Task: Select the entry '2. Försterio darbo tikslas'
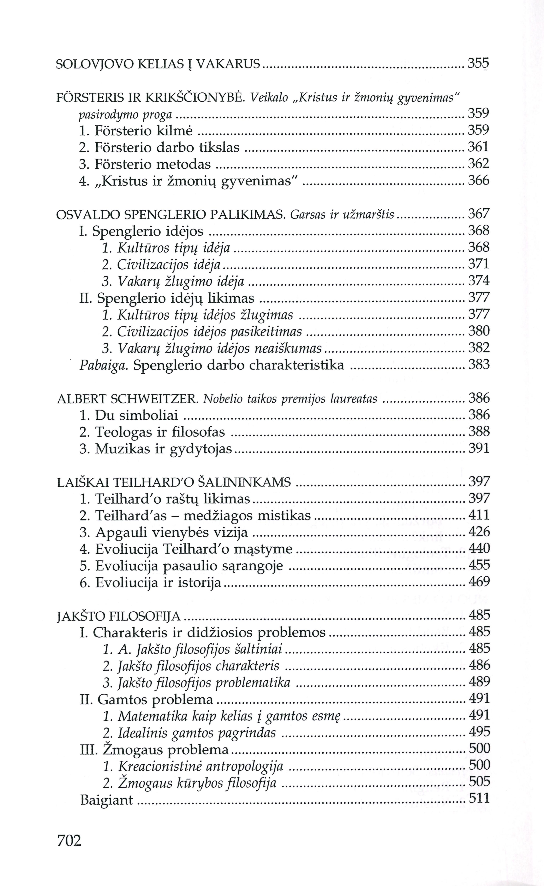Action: [x=159, y=147]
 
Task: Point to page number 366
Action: [x=479, y=180]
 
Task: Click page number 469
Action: [x=479, y=582]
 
